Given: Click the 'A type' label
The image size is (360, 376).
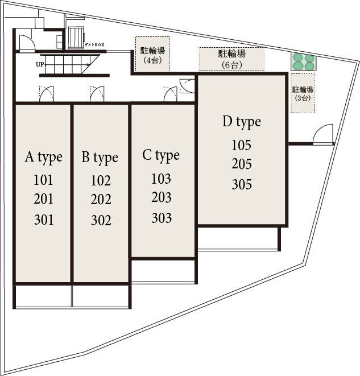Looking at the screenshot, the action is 44,158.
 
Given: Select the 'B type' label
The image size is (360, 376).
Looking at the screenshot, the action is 100,158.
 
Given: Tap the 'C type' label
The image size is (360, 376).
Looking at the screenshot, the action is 161,156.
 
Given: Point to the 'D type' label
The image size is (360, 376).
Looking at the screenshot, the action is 242,122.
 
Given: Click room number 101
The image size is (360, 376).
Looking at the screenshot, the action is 43,180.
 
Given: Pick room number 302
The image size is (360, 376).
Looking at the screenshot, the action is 101,220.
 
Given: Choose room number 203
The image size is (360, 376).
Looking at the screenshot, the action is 162,197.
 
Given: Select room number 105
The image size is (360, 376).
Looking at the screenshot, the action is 241,145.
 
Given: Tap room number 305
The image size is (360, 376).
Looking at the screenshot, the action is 242,184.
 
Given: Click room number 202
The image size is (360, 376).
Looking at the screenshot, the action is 101,199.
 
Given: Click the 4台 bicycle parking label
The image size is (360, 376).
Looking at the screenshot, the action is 152,55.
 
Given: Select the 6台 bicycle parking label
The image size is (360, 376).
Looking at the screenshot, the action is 232,59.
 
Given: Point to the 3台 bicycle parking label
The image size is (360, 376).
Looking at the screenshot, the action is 303,93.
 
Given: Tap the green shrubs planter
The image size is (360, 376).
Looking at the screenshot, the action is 304,62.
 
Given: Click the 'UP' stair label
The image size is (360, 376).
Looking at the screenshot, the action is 40,64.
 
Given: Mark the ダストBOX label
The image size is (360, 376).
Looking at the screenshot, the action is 94,44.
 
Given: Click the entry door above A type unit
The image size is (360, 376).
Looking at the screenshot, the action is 47,94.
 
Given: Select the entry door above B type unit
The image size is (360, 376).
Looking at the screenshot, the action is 97,94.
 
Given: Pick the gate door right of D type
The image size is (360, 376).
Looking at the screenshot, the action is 323,134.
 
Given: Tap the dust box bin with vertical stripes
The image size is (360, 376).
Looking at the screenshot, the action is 76,38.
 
